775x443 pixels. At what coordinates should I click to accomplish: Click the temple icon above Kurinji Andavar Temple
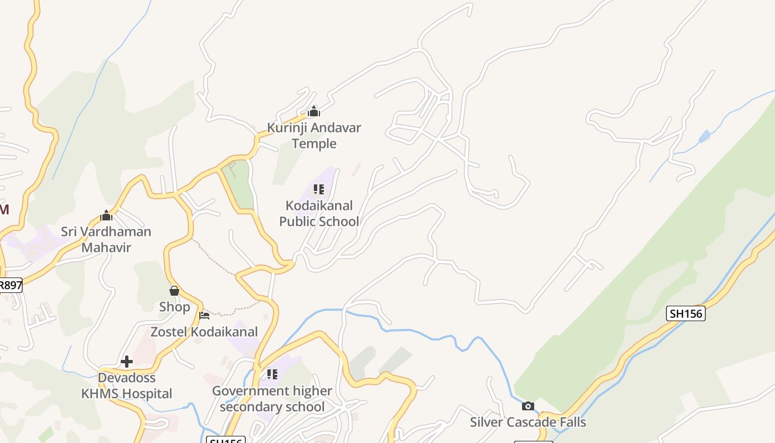tap(314, 112)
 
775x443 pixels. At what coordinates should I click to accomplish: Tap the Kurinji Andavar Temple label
tap(314, 136)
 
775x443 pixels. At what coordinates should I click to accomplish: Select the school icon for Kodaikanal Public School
tap(319, 190)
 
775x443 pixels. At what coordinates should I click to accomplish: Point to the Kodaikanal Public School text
tap(319, 214)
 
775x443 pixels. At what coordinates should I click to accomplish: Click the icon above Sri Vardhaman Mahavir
tap(106, 215)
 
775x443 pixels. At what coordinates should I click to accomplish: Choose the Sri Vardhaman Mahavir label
tap(106, 239)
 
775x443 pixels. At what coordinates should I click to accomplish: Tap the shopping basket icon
tap(174, 291)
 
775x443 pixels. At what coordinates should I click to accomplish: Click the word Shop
tap(174, 307)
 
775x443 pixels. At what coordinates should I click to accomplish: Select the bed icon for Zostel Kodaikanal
tap(204, 316)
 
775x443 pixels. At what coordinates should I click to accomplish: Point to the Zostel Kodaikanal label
tap(204, 332)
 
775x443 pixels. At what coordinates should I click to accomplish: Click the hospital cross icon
tap(127, 362)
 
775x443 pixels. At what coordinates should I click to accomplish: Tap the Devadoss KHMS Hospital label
tap(127, 386)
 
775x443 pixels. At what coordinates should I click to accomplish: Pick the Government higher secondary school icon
tap(272, 374)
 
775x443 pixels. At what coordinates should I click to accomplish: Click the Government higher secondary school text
tap(272, 399)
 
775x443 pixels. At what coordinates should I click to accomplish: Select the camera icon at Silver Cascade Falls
tap(528, 406)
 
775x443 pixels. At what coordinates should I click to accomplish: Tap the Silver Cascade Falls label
tap(528, 422)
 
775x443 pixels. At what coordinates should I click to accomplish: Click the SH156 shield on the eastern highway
tap(685, 313)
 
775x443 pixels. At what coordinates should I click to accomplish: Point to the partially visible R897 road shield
tap(11, 285)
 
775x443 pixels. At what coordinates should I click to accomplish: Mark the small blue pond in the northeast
tap(704, 136)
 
